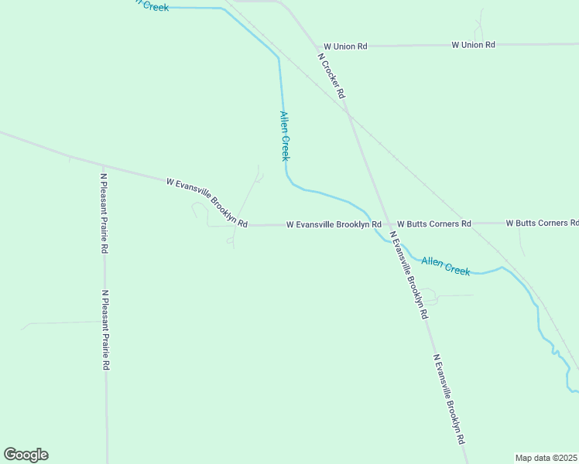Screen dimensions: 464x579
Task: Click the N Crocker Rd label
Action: point(331,74)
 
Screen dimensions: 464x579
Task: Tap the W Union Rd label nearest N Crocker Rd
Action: point(345,46)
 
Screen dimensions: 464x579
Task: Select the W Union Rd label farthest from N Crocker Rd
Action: point(473,45)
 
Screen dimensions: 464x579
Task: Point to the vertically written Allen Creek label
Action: point(284,136)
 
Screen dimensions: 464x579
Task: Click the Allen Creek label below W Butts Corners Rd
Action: point(447,266)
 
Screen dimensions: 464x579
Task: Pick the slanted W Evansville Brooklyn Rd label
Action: point(207,203)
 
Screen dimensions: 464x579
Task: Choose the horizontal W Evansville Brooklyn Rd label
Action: point(334,224)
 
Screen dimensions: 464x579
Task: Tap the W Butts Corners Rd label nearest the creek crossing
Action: point(433,223)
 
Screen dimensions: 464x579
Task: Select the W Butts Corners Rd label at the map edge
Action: point(542,223)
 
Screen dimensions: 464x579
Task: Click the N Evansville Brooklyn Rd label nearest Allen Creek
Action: point(408,275)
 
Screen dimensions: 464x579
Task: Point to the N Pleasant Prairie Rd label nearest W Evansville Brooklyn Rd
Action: point(103,213)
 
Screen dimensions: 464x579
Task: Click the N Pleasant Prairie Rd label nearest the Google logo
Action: point(104,330)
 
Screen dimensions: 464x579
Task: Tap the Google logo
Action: point(26,455)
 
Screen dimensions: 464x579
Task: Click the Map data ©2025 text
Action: point(546,457)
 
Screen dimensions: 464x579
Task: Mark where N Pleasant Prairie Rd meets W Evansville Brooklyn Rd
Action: point(103,165)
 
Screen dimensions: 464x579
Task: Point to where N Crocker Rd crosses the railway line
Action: point(349,114)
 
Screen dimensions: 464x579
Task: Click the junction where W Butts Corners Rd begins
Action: point(386,223)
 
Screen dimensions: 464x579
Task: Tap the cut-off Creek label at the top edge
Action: point(152,5)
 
